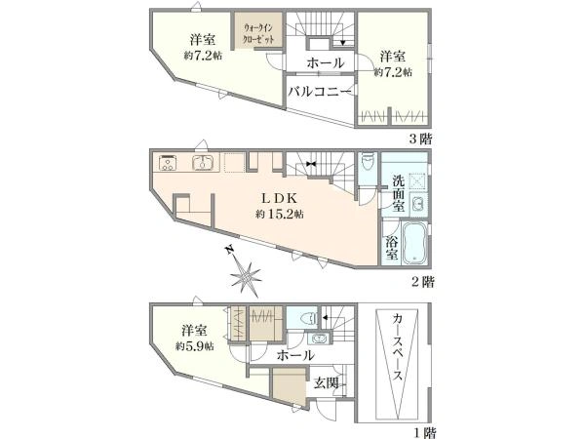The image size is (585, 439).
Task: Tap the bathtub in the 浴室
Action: (x=415, y=244)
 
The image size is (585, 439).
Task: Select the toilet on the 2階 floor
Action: (x=367, y=163)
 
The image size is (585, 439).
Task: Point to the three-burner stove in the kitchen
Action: (x=168, y=163)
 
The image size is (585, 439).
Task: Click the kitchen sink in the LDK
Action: (x=203, y=162)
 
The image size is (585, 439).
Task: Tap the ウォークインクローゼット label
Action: (x=258, y=33)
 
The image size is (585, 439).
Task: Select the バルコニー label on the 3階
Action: (x=320, y=91)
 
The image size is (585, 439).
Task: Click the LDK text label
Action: (x=279, y=198)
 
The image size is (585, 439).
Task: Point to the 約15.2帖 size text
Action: (x=279, y=214)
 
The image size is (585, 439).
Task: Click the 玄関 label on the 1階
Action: (x=326, y=382)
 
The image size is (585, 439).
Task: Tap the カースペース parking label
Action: (x=398, y=346)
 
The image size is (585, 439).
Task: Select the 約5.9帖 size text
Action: (x=195, y=346)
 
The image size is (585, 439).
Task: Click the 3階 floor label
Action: (x=421, y=140)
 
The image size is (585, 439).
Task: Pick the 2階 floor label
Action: (x=422, y=282)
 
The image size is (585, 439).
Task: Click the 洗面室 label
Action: (x=398, y=193)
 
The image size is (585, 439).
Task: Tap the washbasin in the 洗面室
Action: (x=418, y=205)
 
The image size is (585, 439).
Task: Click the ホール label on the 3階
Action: (x=326, y=62)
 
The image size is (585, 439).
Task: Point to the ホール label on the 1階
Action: (x=295, y=355)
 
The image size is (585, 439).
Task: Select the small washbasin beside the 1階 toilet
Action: (x=318, y=339)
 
